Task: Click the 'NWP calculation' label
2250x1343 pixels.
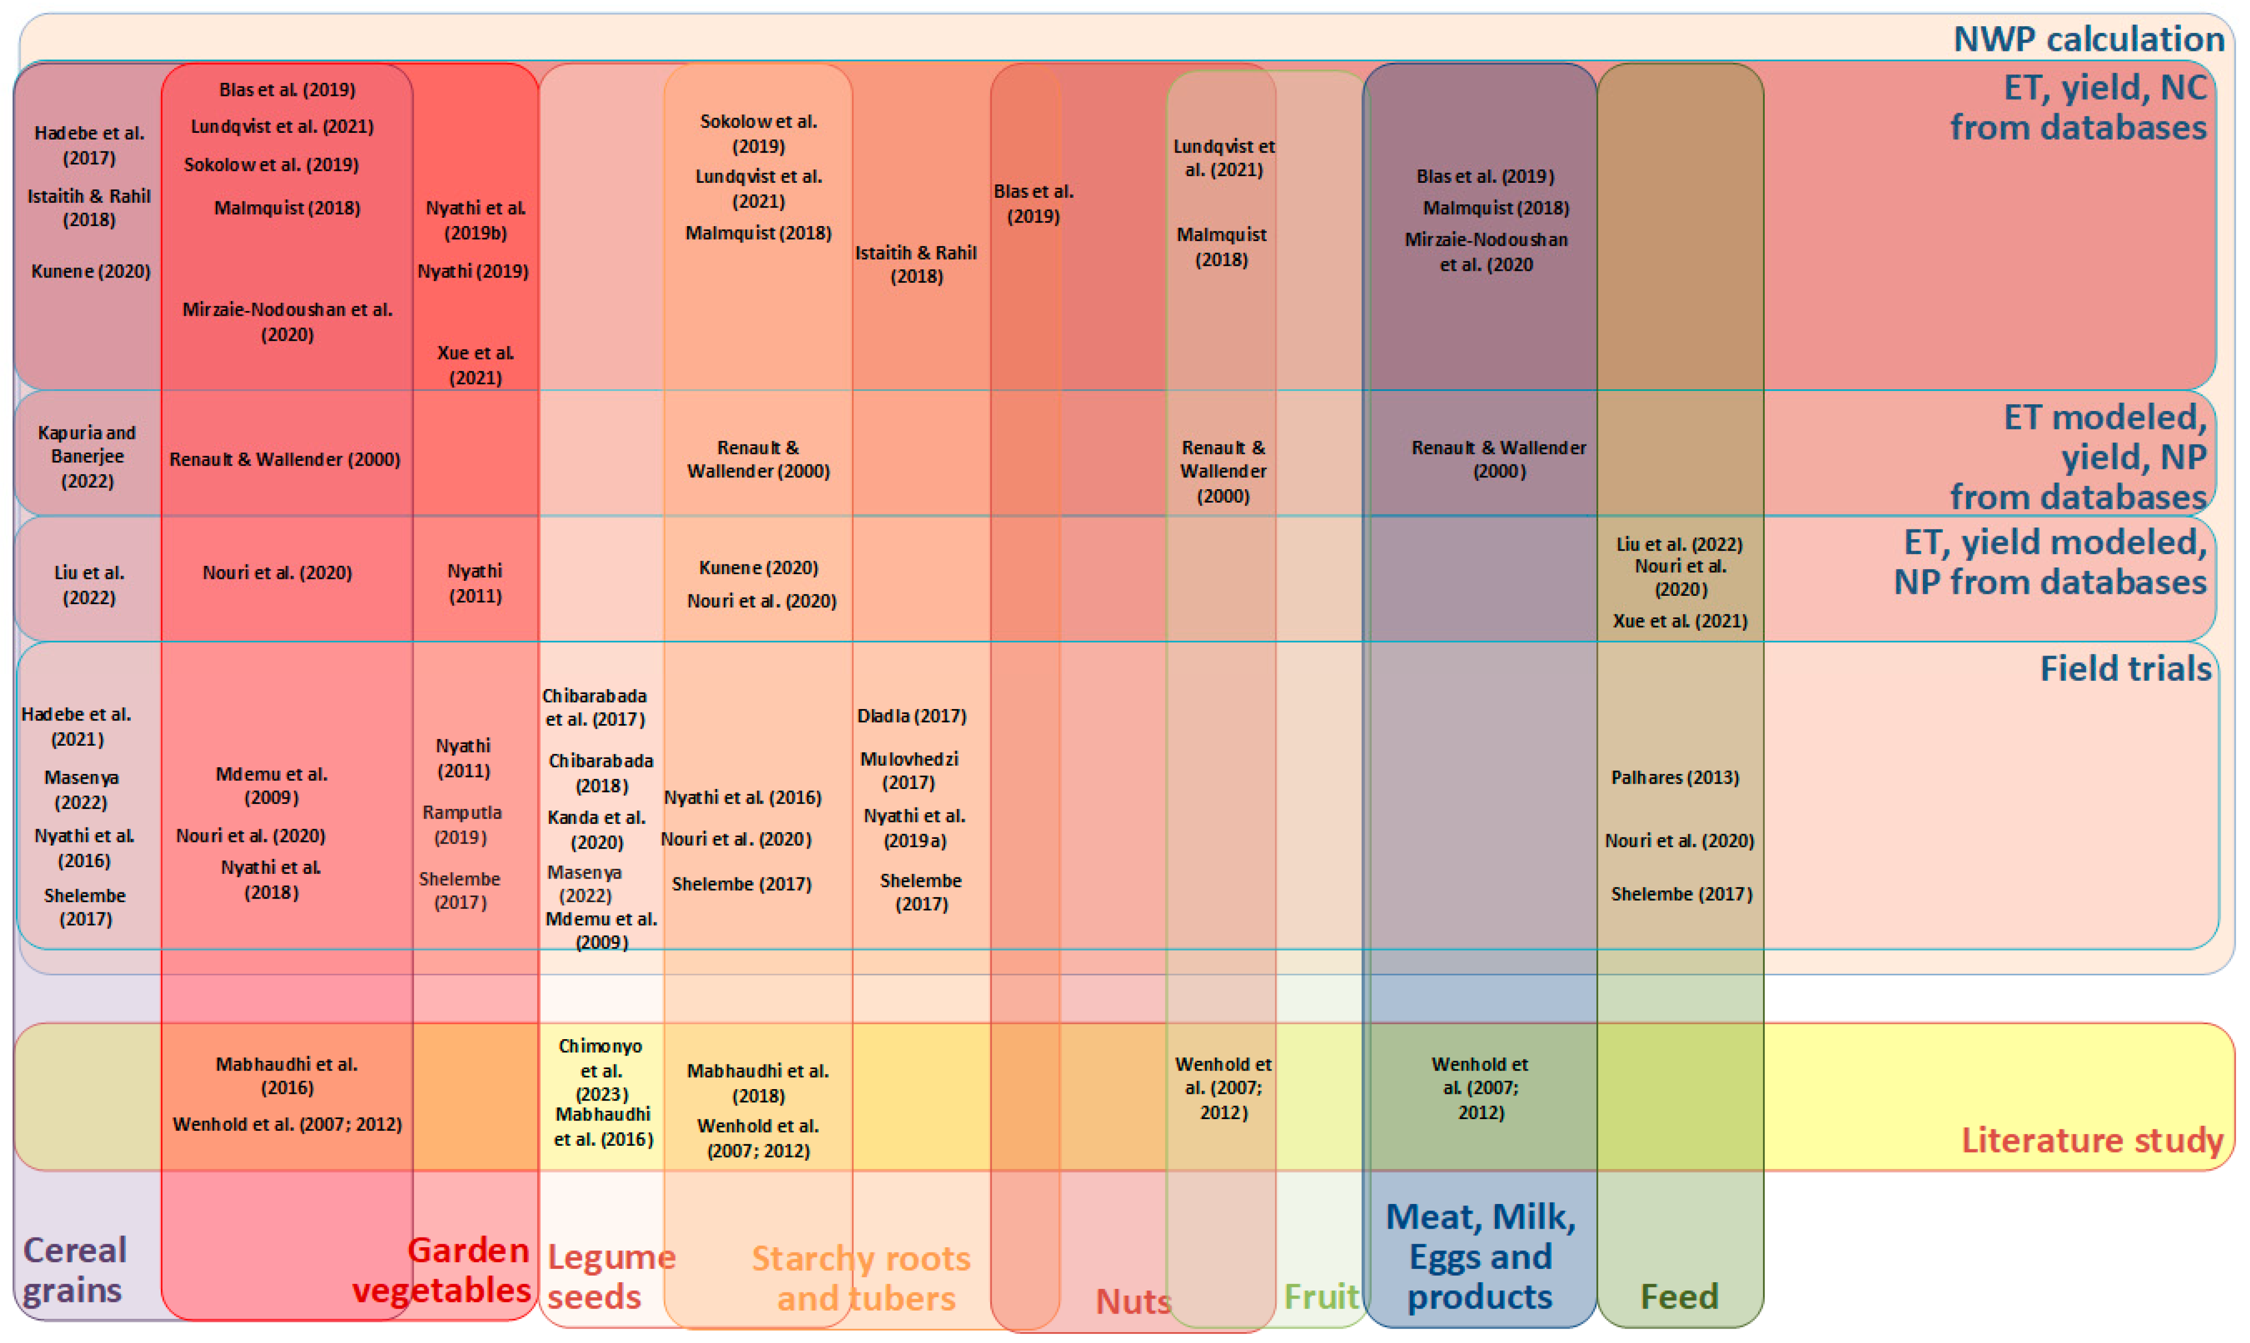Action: (2087, 39)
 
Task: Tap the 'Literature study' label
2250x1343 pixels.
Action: (2091, 1140)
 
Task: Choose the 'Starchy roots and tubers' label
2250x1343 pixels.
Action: (862, 1278)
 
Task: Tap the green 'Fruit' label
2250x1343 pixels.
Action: (1321, 1297)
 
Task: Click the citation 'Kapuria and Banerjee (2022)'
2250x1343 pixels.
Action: (87, 457)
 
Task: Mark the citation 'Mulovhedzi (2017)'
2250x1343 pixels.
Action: (909, 770)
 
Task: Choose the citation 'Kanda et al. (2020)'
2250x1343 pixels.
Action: (596, 829)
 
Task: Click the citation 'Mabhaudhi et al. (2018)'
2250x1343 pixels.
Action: (758, 1082)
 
